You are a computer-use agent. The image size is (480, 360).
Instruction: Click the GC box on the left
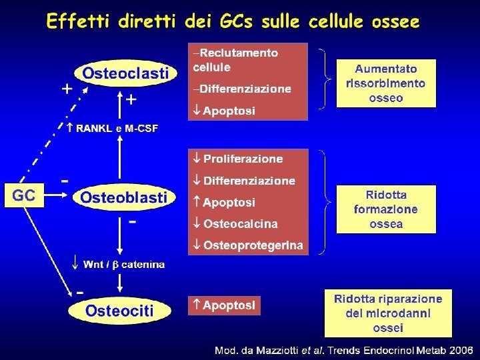point(25,196)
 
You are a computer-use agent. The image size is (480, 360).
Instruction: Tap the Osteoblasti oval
point(124,197)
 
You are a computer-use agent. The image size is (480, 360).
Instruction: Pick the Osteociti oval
point(119,310)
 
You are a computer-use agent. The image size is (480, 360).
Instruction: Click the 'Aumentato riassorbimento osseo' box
point(386,83)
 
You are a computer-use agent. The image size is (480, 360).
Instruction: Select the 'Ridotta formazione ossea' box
point(386,209)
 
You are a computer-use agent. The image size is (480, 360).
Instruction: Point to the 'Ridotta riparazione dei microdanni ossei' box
point(387,313)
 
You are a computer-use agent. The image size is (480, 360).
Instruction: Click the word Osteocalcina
point(240,224)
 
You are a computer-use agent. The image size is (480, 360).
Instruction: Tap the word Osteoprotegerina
point(253,245)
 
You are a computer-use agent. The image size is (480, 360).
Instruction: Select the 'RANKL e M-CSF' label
point(117,129)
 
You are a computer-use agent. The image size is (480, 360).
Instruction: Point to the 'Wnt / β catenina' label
point(123,265)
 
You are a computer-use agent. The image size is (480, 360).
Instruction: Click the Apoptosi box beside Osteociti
point(224,305)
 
